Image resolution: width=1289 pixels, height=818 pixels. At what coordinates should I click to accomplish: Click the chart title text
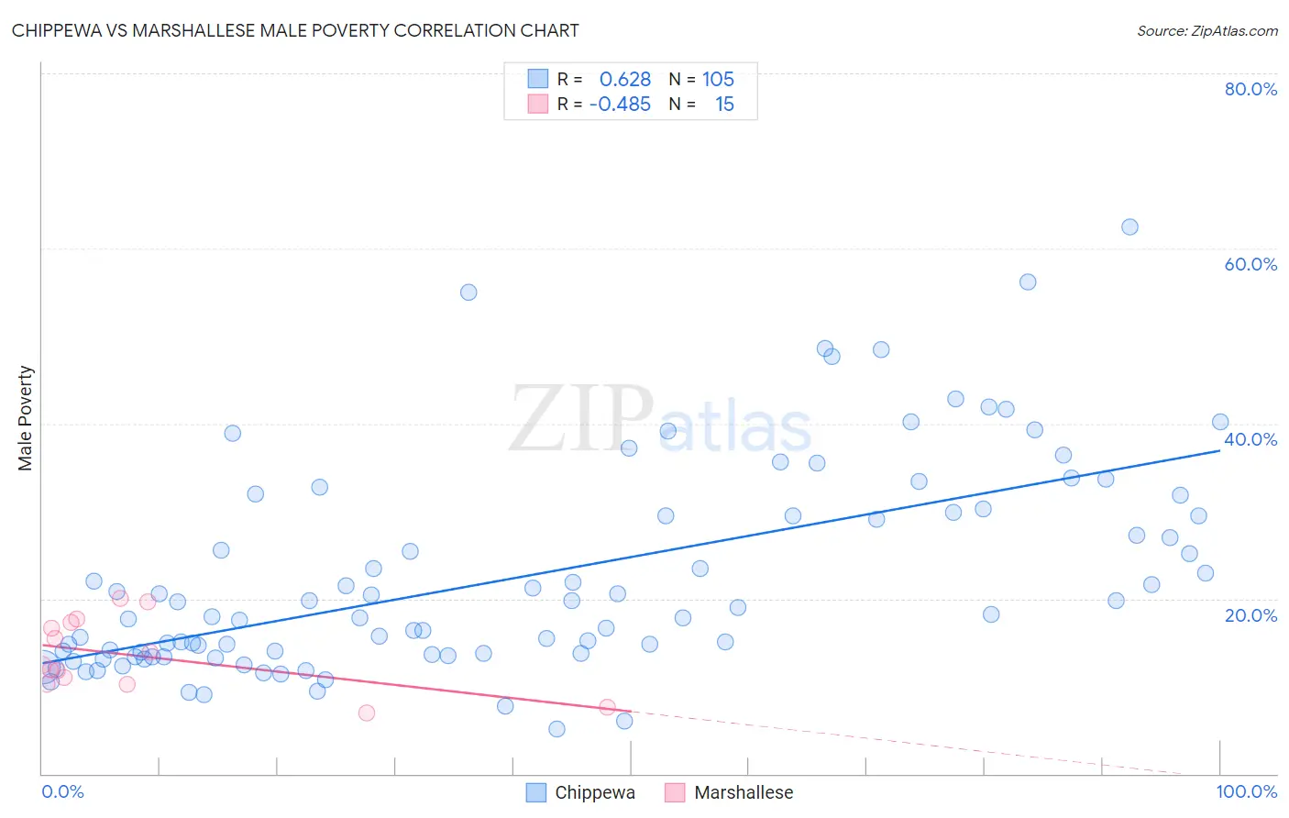[x=295, y=30]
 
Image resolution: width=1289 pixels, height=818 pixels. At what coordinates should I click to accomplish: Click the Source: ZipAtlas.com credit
[x=1206, y=30]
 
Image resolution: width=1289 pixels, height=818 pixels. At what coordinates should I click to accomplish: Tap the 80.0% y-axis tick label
[x=1250, y=89]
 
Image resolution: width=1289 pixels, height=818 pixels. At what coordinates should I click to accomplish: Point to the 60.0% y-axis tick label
[x=1250, y=264]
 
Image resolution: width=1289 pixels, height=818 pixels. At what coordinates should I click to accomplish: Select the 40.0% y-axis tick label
[x=1250, y=439]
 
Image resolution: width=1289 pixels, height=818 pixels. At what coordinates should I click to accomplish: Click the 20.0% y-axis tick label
[x=1250, y=615]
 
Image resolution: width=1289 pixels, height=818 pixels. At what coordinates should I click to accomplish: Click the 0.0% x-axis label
[x=62, y=791]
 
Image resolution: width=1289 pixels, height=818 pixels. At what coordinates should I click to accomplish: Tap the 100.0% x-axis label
[x=1246, y=791]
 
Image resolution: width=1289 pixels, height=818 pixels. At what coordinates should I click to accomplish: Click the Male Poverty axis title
[x=25, y=418]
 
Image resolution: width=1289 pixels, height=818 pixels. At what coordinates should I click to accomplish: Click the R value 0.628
[x=624, y=80]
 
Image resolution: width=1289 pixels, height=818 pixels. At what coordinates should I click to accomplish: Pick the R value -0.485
[x=620, y=105]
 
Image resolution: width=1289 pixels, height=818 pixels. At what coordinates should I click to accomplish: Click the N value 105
[x=718, y=80]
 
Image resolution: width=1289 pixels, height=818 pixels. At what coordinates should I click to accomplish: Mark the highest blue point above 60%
[x=1129, y=227]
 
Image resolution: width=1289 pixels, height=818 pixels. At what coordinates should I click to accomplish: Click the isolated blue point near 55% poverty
[x=468, y=293]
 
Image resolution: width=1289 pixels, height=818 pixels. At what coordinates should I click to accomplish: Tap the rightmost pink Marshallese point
[x=607, y=707]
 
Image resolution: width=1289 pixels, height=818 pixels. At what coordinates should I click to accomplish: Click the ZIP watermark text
[x=581, y=420]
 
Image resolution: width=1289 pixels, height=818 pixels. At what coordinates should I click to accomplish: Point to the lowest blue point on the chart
[x=556, y=729]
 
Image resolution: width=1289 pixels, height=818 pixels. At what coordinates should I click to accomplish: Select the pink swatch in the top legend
[x=537, y=104]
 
